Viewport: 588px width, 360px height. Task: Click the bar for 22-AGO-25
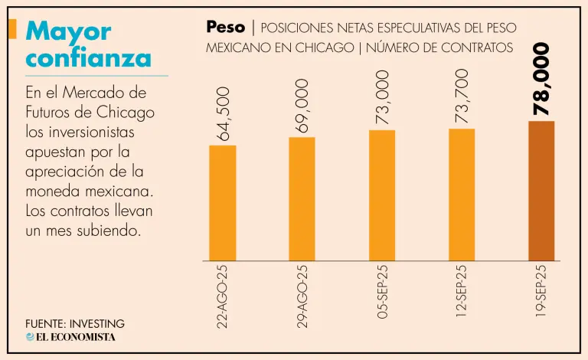(x=222, y=202)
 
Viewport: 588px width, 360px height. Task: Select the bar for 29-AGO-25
(x=302, y=198)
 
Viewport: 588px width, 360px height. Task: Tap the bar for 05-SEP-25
(x=382, y=195)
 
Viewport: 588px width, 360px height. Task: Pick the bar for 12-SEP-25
(x=462, y=195)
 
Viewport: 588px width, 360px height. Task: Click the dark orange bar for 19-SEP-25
(x=541, y=191)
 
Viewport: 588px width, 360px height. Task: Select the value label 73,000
(x=382, y=98)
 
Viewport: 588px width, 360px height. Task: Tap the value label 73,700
(x=462, y=98)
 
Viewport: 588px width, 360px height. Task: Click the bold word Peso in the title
(x=225, y=28)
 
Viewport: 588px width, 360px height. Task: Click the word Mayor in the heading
(x=68, y=31)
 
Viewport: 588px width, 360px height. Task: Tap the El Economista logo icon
(x=30, y=337)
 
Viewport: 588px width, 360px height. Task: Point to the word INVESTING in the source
(x=96, y=324)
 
